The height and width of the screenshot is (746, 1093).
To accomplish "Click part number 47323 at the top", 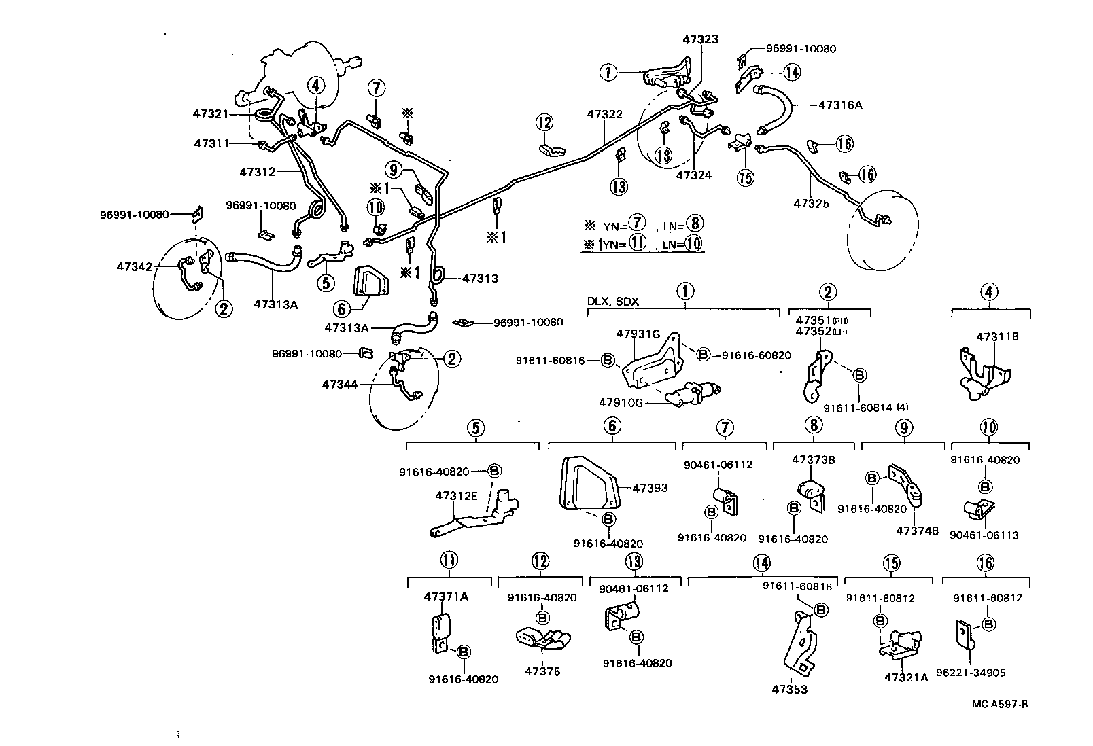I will pyautogui.click(x=700, y=40).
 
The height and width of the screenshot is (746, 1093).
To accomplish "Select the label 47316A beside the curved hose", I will pyautogui.click(x=840, y=105).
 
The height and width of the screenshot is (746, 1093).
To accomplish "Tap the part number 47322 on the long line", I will pyautogui.click(x=604, y=115).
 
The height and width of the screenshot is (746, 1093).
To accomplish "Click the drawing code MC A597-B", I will pyautogui.click(x=999, y=703).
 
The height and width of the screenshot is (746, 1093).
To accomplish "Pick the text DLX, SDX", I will pyautogui.click(x=613, y=301).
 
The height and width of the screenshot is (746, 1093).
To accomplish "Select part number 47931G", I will pyautogui.click(x=638, y=334).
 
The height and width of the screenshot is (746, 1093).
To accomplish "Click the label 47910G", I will pyautogui.click(x=620, y=402).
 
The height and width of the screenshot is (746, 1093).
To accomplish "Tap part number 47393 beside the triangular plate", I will pyautogui.click(x=650, y=488).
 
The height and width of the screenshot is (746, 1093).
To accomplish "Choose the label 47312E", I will pyautogui.click(x=457, y=495).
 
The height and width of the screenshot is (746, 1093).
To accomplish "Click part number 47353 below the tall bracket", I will pyautogui.click(x=790, y=690).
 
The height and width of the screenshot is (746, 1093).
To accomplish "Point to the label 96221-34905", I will pyautogui.click(x=977, y=673).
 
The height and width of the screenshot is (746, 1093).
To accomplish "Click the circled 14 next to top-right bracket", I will pyautogui.click(x=791, y=71).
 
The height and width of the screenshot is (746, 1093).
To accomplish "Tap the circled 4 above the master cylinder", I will pyautogui.click(x=315, y=86).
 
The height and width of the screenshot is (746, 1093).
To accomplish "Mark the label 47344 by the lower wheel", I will pyautogui.click(x=341, y=385).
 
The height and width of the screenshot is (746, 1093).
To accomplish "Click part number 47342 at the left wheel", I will pyautogui.click(x=135, y=267).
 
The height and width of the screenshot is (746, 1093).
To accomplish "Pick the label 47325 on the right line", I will pyautogui.click(x=811, y=203).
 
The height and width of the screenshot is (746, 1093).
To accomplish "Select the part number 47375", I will pyautogui.click(x=542, y=671).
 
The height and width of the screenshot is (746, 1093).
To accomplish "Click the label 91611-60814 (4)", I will pyautogui.click(x=866, y=408).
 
